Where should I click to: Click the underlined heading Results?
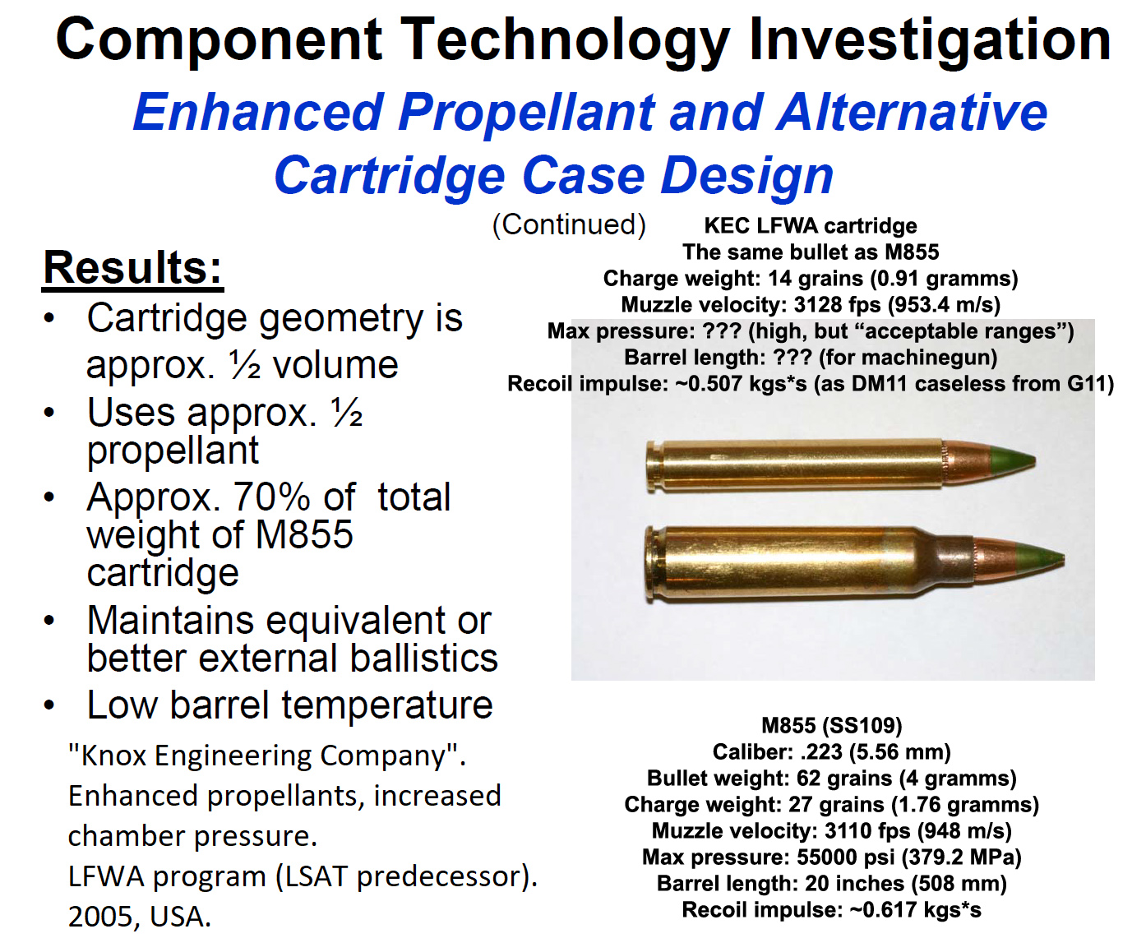(132, 269)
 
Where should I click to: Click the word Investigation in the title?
(930, 39)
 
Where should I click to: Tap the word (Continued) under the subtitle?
(569, 224)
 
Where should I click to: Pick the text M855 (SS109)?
(831, 726)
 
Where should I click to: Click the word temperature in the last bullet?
(387, 705)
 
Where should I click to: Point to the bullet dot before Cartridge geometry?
(49, 318)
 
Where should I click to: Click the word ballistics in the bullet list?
(423, 658)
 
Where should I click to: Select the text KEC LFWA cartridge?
(810, 225)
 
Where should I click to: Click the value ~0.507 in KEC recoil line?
(709, 384)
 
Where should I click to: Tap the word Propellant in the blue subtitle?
(526, 112)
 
